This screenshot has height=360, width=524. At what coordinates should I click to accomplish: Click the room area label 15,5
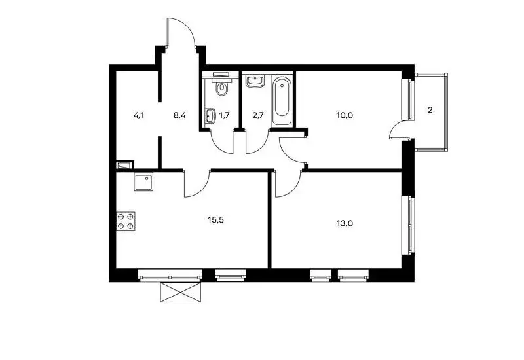215,220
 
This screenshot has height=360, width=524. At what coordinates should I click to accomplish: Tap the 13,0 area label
345,223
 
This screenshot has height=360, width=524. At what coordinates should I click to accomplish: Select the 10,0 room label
345,116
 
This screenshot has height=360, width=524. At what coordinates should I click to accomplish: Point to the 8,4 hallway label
179,116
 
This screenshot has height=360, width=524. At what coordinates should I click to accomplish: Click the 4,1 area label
139,116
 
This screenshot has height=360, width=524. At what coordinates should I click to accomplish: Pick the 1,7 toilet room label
224,116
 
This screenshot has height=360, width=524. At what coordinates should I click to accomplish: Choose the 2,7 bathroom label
258,116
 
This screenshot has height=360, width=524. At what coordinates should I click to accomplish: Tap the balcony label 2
430,110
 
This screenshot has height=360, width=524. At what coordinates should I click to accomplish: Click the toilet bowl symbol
221,87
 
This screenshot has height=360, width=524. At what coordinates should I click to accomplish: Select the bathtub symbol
282,101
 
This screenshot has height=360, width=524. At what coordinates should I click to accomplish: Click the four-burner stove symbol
126,221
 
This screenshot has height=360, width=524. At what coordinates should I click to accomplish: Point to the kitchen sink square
143,182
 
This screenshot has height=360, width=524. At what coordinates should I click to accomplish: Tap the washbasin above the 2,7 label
255,81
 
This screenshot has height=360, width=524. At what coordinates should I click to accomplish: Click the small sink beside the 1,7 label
210,116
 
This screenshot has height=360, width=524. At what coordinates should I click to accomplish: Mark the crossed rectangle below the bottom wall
181,292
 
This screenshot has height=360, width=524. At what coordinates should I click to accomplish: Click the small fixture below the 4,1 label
124,165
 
